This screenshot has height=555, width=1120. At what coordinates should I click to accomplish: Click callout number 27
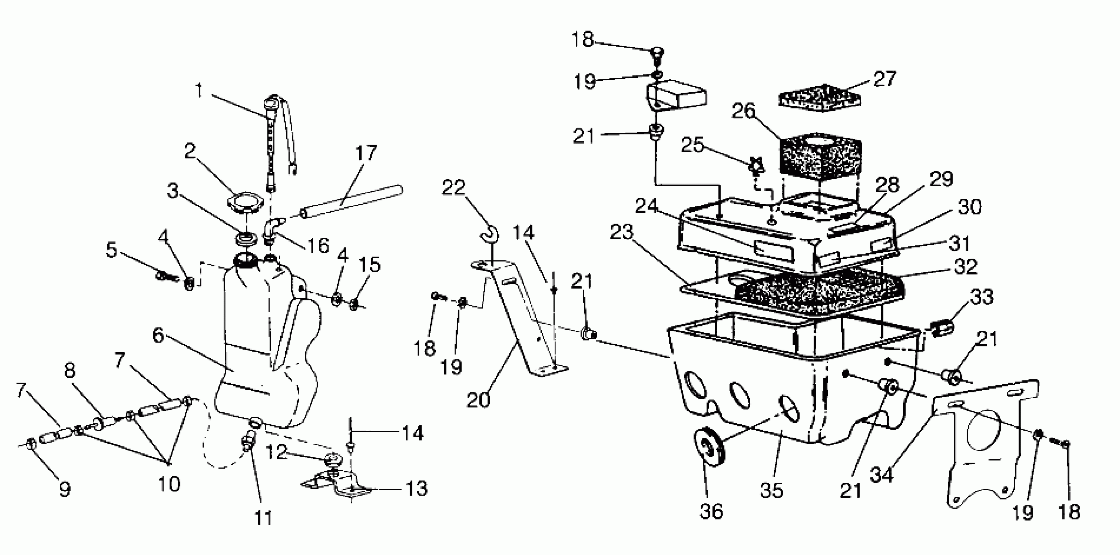tap(884, 79)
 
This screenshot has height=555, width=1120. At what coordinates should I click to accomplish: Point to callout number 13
tap(416, 488)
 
